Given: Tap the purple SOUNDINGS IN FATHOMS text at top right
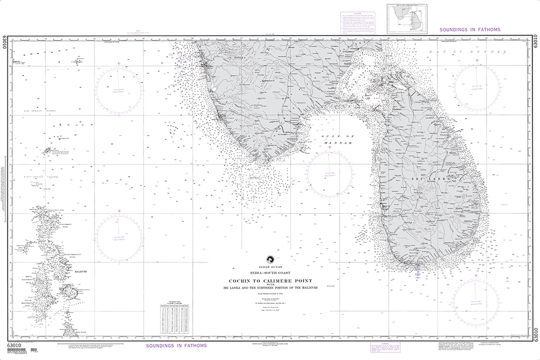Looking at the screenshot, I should (470, 30).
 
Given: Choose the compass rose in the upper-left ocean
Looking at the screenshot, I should (120, 88).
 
